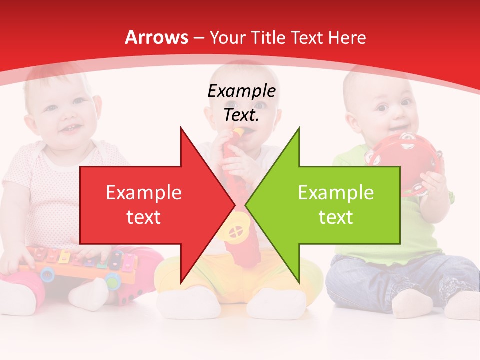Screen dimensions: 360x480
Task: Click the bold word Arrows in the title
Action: (x=157, y=37)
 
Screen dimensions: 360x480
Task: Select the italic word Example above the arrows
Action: (x=241, y=91)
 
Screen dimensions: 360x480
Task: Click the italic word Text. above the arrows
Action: (x=241, y=115)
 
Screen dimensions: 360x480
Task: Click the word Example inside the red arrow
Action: (x=143, y=193)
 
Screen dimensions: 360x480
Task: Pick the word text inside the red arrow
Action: (x=143, y=217)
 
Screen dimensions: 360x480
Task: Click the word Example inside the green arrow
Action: (x=336, y=193)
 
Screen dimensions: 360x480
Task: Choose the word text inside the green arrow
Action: (x=336, y=217)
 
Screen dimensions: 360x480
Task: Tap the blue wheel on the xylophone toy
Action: (x=47, y=273)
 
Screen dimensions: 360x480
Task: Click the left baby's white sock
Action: (x=87, y=295)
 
